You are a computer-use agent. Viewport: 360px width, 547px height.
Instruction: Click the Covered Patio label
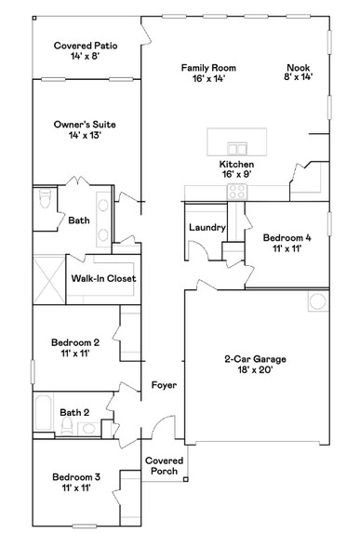click(x=85, y=50)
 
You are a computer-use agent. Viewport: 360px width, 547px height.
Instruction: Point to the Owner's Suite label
click(x=85, y=129)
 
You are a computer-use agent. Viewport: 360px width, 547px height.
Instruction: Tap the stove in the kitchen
click(x=237, y=193)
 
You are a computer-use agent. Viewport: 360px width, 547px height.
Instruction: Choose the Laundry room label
click(x=207, y=227)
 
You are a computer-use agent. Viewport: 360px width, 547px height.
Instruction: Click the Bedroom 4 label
click(x=287, y=243)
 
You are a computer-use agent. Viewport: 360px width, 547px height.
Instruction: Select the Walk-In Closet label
click(x=103, y=278)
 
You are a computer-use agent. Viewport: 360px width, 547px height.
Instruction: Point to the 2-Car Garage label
click(x=255, y=359)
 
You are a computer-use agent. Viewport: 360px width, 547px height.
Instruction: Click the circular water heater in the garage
click(x=317, y=300)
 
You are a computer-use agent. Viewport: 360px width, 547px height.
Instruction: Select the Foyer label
click(x=164, y=385)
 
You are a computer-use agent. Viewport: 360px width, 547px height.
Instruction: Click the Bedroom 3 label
click(x=75, y=482)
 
